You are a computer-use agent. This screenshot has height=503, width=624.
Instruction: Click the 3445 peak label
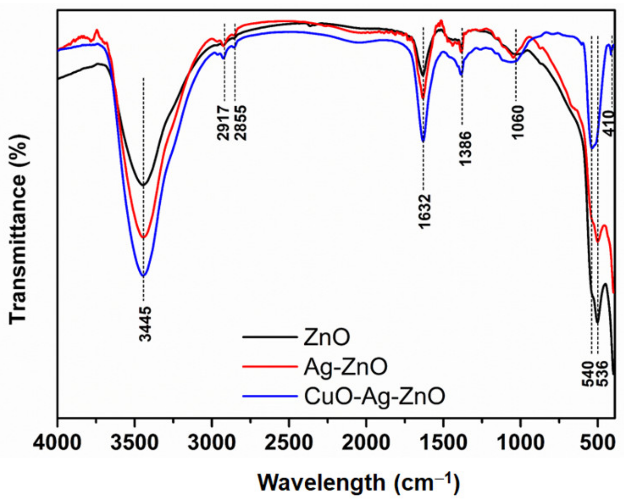(145, 324)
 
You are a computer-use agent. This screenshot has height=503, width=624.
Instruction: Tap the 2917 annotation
(223, 122)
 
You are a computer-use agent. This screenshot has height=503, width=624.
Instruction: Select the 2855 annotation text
(241, 122)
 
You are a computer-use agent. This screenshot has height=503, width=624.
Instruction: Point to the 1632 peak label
(425, 211)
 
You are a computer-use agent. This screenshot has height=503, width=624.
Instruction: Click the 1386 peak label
(465, 148)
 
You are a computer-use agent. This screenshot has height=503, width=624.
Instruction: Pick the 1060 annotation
(518, 122)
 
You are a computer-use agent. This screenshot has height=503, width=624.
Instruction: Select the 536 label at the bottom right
(602, 374)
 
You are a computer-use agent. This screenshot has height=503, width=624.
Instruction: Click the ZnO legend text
(327, 337)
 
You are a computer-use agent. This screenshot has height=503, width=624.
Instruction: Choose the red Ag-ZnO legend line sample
(270, 367)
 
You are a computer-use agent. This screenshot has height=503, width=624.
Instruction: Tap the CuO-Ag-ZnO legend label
(374, 396)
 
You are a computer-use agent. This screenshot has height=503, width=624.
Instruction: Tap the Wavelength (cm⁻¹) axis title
(358, 483)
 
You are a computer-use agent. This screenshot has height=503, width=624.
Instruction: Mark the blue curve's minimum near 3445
(143, 275)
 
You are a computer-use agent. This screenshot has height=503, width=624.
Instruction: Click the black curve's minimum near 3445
(143, 185)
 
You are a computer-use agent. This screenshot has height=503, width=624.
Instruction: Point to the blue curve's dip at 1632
(423, 141)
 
